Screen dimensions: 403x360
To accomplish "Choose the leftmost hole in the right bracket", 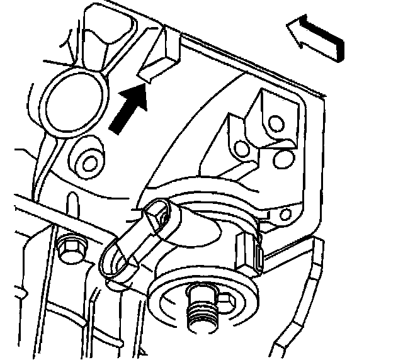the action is point(239,149).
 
